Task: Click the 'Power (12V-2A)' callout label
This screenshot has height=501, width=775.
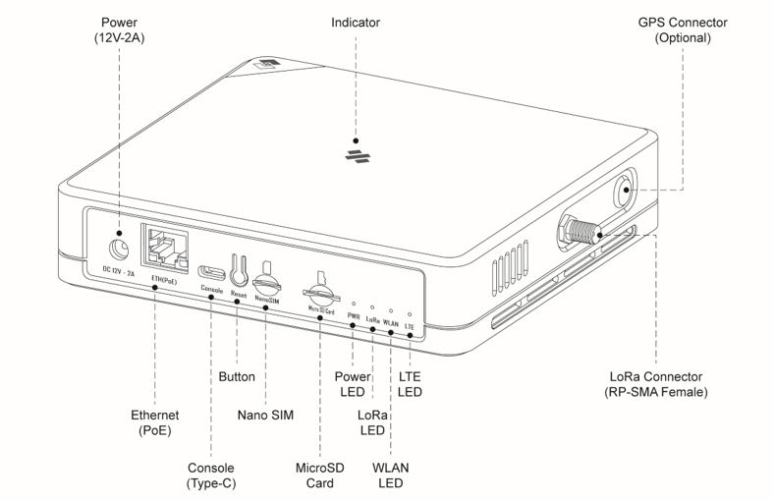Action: pos(118,29)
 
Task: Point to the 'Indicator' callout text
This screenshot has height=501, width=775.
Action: pos(356,22)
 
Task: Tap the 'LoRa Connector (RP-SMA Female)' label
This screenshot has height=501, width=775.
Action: pos(656,384)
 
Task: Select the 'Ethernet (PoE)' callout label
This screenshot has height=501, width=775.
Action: pos(155,422)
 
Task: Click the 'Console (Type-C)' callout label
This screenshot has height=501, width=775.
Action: pos(212,474)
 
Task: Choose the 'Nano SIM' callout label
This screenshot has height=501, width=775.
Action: pos(265,415)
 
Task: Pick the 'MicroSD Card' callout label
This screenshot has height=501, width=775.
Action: pos(320,474)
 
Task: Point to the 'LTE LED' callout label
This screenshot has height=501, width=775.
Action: pos(411,384)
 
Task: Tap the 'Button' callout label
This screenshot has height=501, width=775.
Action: pos(237,376)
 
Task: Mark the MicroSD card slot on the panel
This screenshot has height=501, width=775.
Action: pos(319,292)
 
